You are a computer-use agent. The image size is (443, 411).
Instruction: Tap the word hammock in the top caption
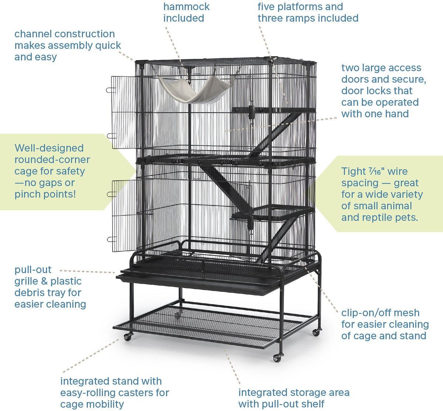(x=186, y=7)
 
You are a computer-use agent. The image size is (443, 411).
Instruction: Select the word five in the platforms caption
(x=266, y=7)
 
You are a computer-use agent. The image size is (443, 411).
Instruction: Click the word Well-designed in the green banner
(x=49, y=148)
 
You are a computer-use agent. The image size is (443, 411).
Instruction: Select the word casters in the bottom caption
(x=135, y=393)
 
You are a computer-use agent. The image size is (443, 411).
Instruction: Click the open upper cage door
(x=123, y=112)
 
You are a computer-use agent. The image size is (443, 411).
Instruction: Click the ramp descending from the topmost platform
(x=276, y=134)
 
